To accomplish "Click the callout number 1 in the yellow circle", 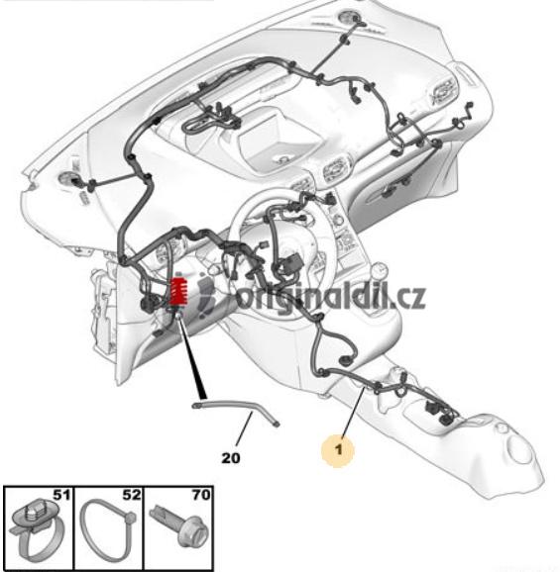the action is point(339,449).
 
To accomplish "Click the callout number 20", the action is point(231,458).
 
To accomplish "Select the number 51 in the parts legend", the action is point(61,495).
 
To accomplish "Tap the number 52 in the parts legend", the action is point(132,495).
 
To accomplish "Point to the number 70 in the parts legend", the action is point(201,495).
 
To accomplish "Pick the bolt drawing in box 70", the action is point(181,524).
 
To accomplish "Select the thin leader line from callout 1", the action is point(353,413).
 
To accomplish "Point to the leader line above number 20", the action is point(244,429).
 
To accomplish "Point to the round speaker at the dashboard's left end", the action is point(66,179).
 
